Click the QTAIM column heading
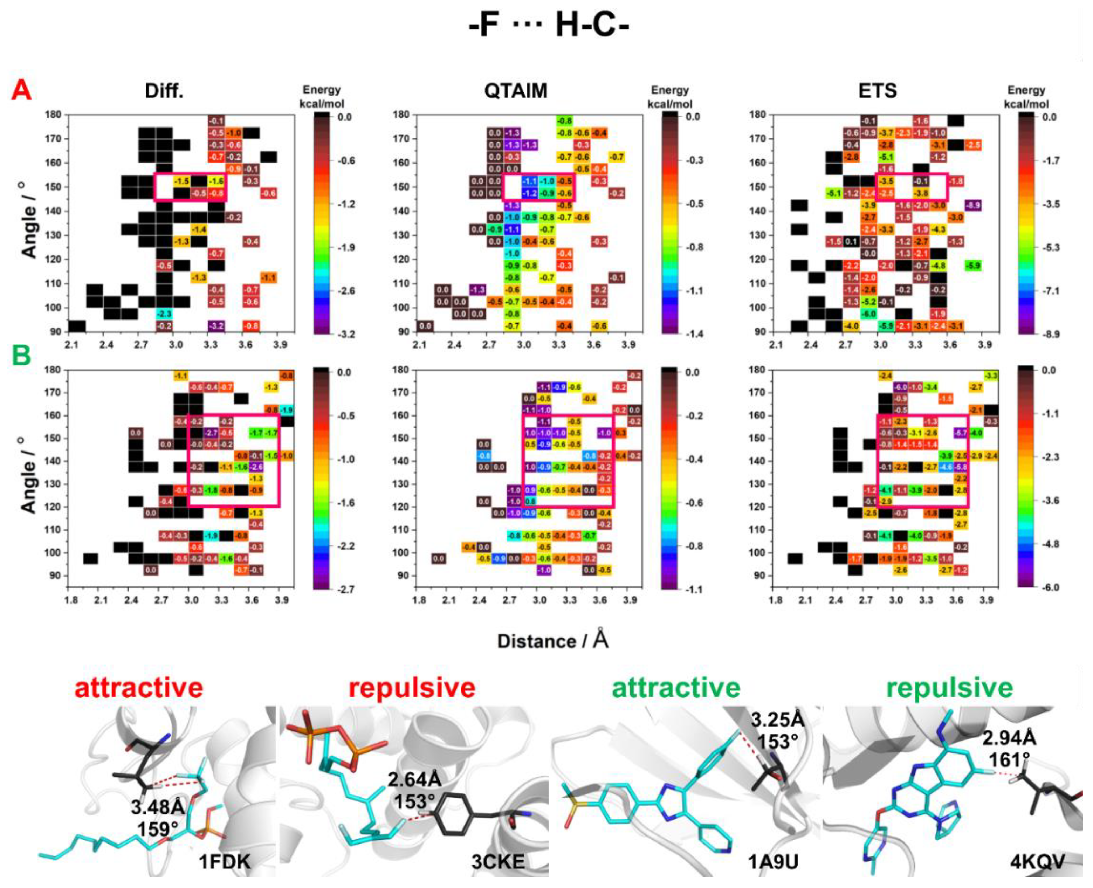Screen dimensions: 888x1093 coord(516,91)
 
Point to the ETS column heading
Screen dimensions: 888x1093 coord(877,91)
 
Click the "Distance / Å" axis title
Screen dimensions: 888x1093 coord(552,641)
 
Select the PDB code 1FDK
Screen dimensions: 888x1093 coord(225,862)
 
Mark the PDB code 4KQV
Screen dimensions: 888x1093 coord(1037,862)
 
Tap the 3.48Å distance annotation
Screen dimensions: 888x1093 coord(157,808)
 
